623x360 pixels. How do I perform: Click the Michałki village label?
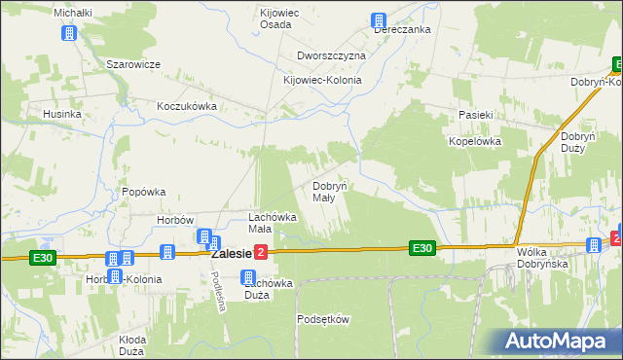[x=72, y=12]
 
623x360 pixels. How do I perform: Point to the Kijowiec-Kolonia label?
[x=322, y=81]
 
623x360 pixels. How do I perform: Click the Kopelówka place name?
[x=474, y=140]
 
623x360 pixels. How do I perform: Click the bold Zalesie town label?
[x=226, y=253]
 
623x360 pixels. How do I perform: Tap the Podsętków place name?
[x=322, y=319]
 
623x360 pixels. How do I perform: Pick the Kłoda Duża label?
[x=131, y=345]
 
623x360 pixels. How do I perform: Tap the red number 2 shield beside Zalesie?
[x=261, y=253]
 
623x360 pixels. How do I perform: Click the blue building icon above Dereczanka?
[x=380, y=19]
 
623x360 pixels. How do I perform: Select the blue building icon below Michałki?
[x=68, y=33]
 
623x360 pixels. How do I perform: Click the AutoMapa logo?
[x=559, y=341]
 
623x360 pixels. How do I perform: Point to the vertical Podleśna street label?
[x=220, y=291]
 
